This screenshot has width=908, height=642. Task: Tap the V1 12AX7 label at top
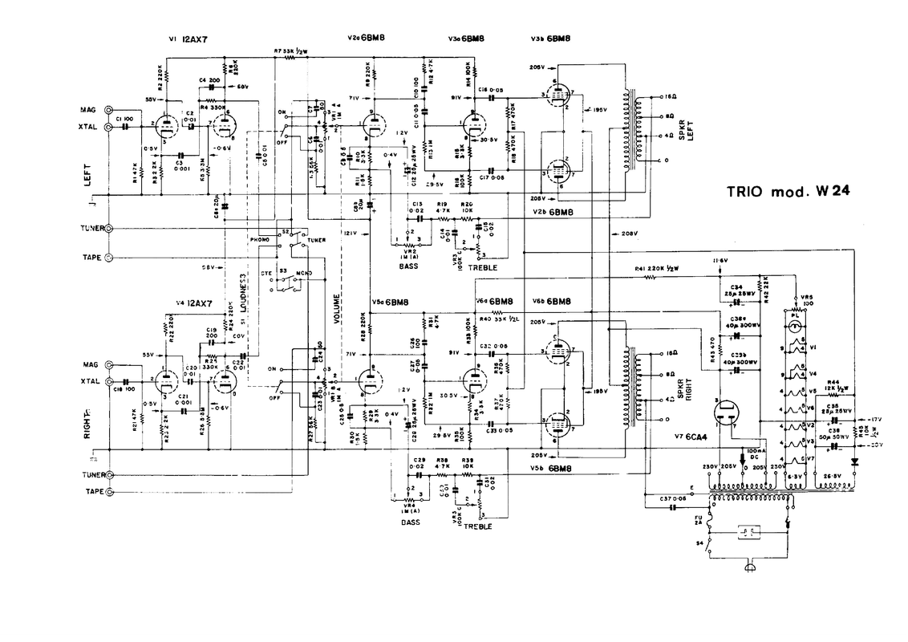tap(188, 39)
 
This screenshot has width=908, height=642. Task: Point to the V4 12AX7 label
tap(194, 303)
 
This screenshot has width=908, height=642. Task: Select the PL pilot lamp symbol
tap(795, 317)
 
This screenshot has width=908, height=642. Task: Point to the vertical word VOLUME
tap(338, 306)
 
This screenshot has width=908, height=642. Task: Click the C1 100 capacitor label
tap(124, 119)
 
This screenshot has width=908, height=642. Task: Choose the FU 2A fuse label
tap(697, 522)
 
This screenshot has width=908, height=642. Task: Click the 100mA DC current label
tap(748, 457)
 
